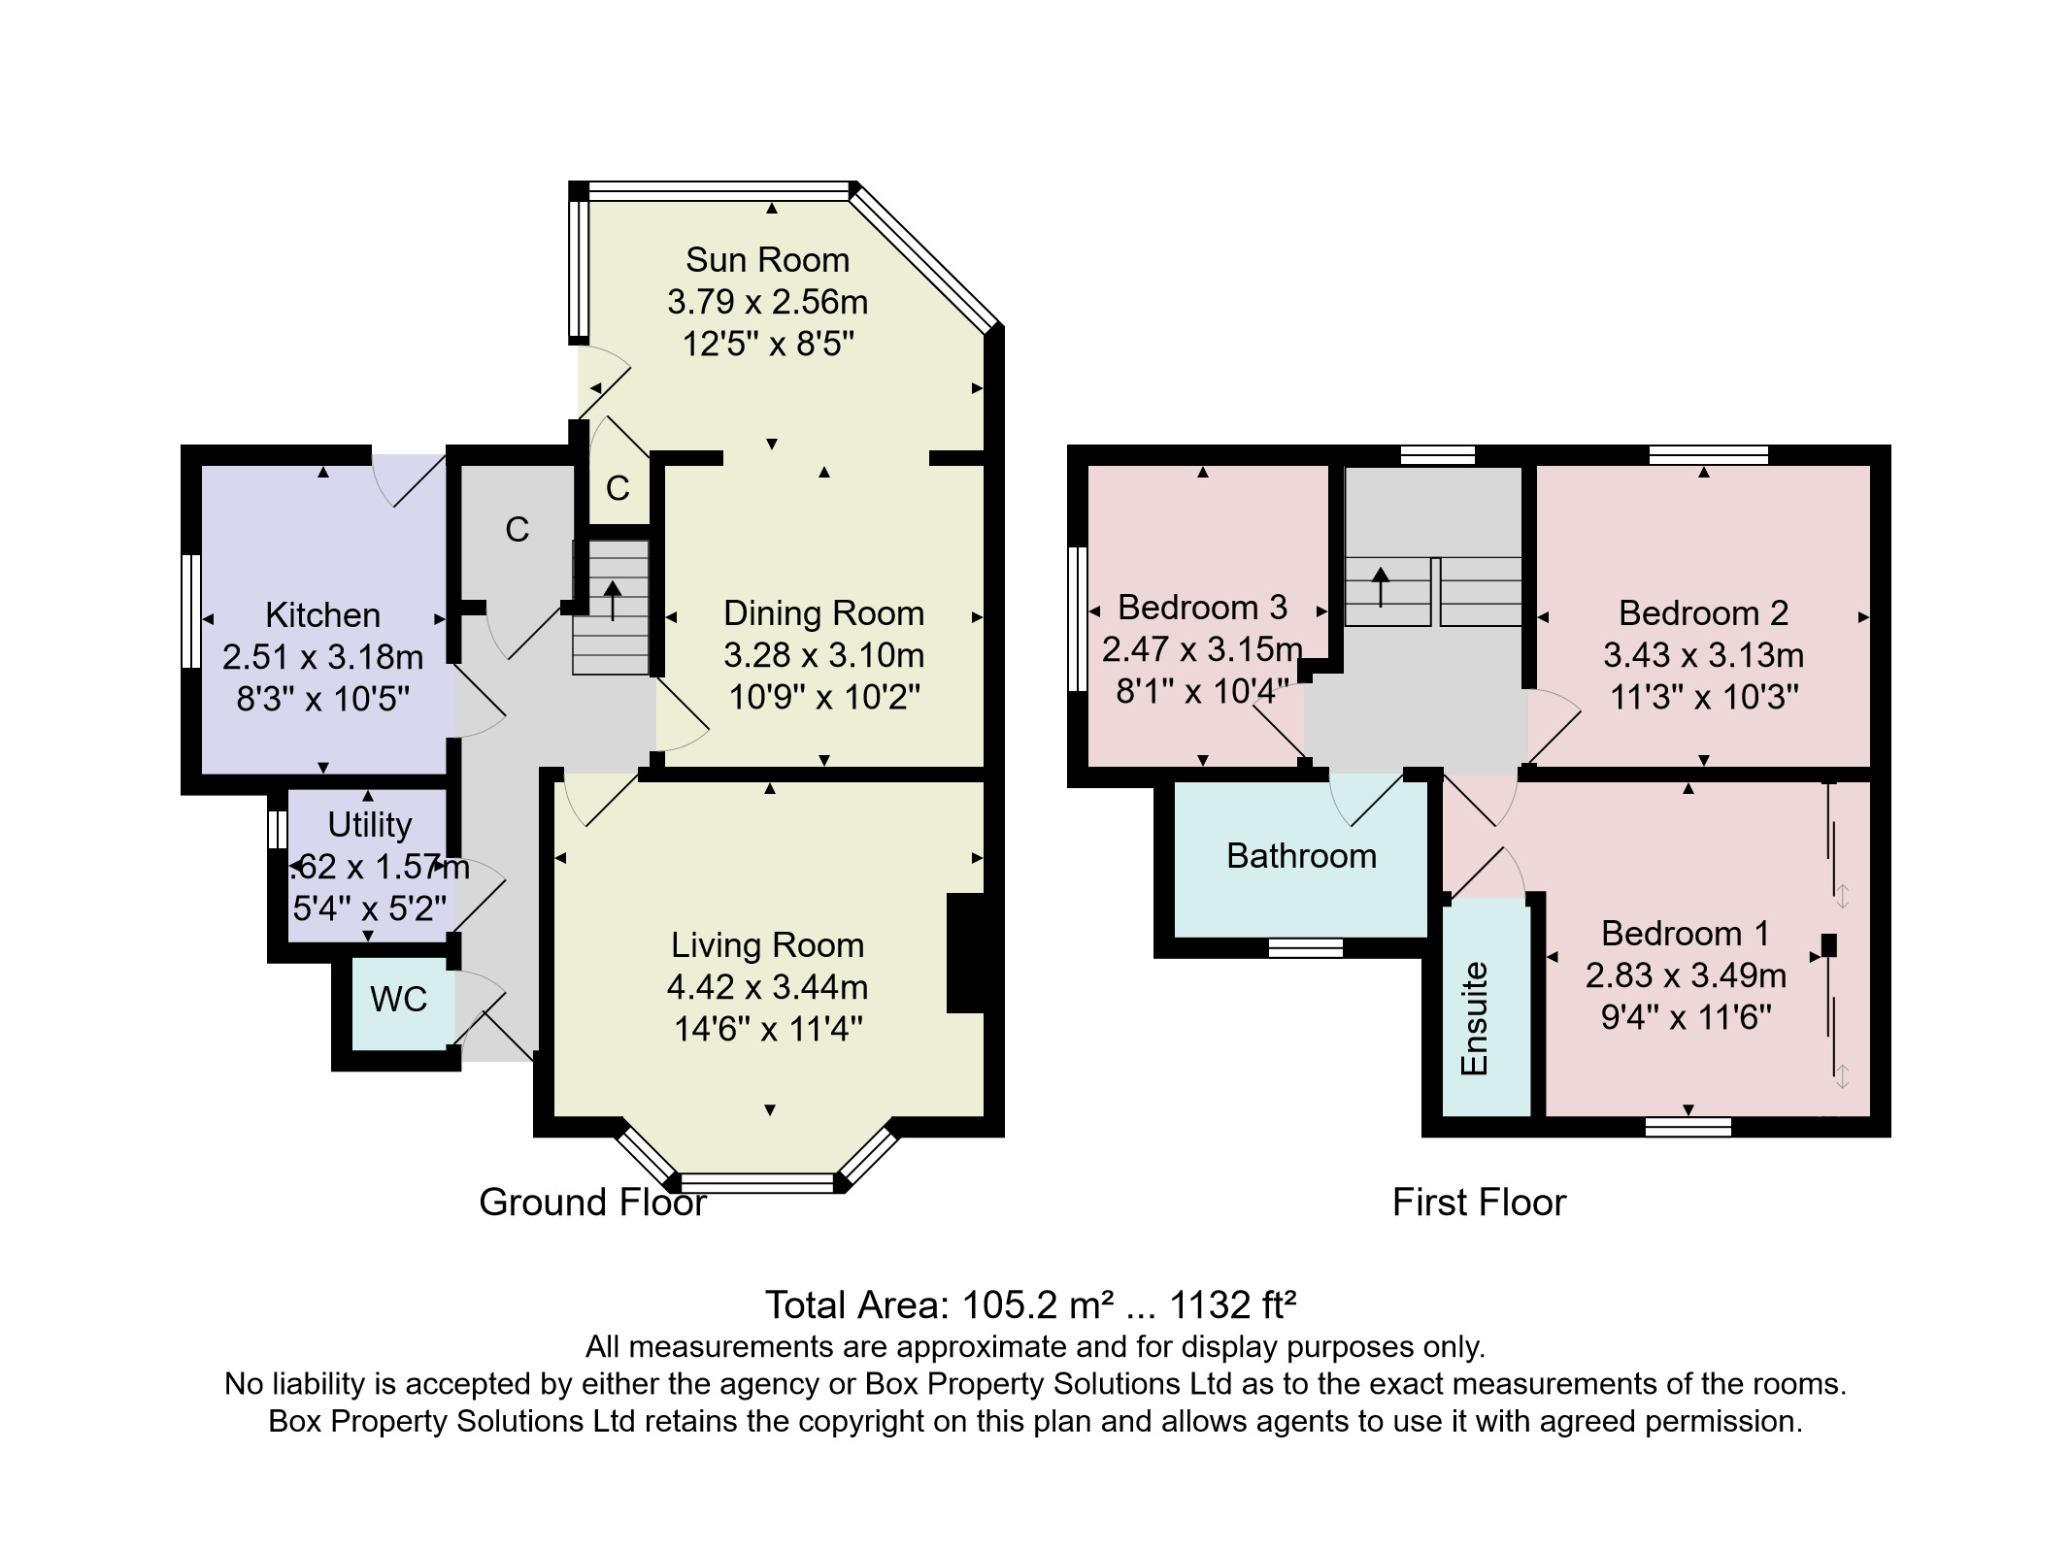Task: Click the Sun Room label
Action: pyautogui.click(x=767, y=260)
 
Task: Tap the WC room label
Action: pyautogui.click(x=398, y=999)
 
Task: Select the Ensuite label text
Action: pyautogui.click(x=1474, y=1018)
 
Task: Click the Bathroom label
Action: pyautogui.click(x=1301, y=856)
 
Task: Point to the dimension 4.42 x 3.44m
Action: pyautogui.click(x=767, y=987)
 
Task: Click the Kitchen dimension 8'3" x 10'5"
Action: pyautogui.click(x=322, y=699)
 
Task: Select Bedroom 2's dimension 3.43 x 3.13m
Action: pyautogui.click(x=1703, y=655)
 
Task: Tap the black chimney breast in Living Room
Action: pyautogui.click(x=965, y=953)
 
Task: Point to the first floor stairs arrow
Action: pyautogui.click(x=1381, y=585)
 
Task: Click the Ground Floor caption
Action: pyautogui.click(x=592, y=1203)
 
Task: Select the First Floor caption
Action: pyautogui.click(x=1479, y=1203)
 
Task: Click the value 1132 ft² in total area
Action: pyautogui.click(x=1233, y=1305)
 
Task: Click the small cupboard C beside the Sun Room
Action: pyautogui.click(x=618, y=488)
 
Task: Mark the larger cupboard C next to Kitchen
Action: pyautogui.click(x=517, y=530)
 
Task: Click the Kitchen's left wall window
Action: pyautogui.click(x=191, y=611)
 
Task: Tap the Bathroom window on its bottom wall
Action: pyautogui.click(x=1306, y=947)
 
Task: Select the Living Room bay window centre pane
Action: pyautogui.click(x=757, y=1182)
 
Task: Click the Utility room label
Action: pyautogui.click(x=369, y=825)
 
